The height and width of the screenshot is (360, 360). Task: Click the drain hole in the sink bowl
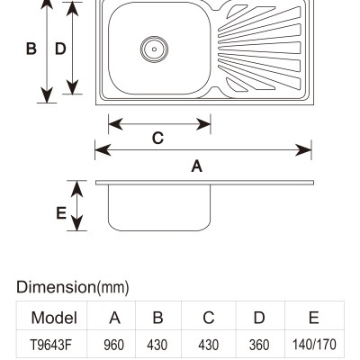154,49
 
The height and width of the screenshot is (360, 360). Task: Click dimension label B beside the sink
31,49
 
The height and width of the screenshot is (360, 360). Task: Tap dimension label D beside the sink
60,49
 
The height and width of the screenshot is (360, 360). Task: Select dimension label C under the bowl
157,139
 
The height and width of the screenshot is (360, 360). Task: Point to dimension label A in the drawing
197,166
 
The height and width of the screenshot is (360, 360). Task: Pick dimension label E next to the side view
61,213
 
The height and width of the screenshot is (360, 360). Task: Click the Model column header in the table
54,318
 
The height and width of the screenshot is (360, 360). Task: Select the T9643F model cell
51,345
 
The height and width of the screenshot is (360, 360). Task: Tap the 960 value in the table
113,345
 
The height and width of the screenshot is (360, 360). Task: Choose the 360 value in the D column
259,345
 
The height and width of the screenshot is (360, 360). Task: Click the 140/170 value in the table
314,345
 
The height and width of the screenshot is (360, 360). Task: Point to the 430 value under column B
157,345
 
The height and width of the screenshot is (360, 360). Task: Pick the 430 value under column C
208,345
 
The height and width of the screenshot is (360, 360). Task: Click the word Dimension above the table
56,287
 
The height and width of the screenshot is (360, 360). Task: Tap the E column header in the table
313,318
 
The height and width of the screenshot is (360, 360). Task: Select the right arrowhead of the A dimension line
303,150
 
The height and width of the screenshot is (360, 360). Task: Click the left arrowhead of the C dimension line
115,124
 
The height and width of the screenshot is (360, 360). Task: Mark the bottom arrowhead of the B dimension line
47,94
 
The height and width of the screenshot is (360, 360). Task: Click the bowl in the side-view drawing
159,208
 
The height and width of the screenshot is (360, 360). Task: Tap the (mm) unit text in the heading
112,287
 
